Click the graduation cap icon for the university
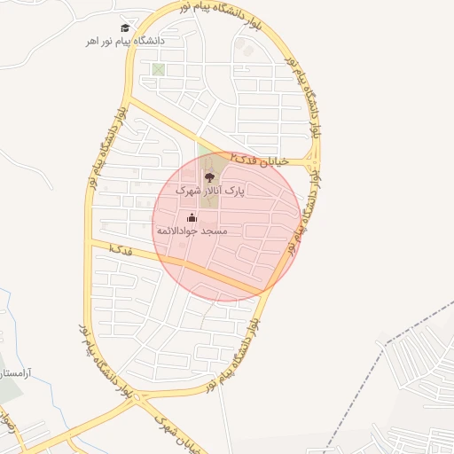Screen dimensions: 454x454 pos(125,27)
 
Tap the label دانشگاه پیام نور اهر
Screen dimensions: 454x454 pos(125,41)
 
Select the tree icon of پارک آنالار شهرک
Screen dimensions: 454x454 pos(209,176)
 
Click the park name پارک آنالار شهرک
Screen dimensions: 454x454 pos(209,190)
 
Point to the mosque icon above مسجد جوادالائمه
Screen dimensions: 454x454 pos(192,217)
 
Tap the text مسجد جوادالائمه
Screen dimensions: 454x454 pos(192,231)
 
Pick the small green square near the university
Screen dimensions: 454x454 pos(158,69)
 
